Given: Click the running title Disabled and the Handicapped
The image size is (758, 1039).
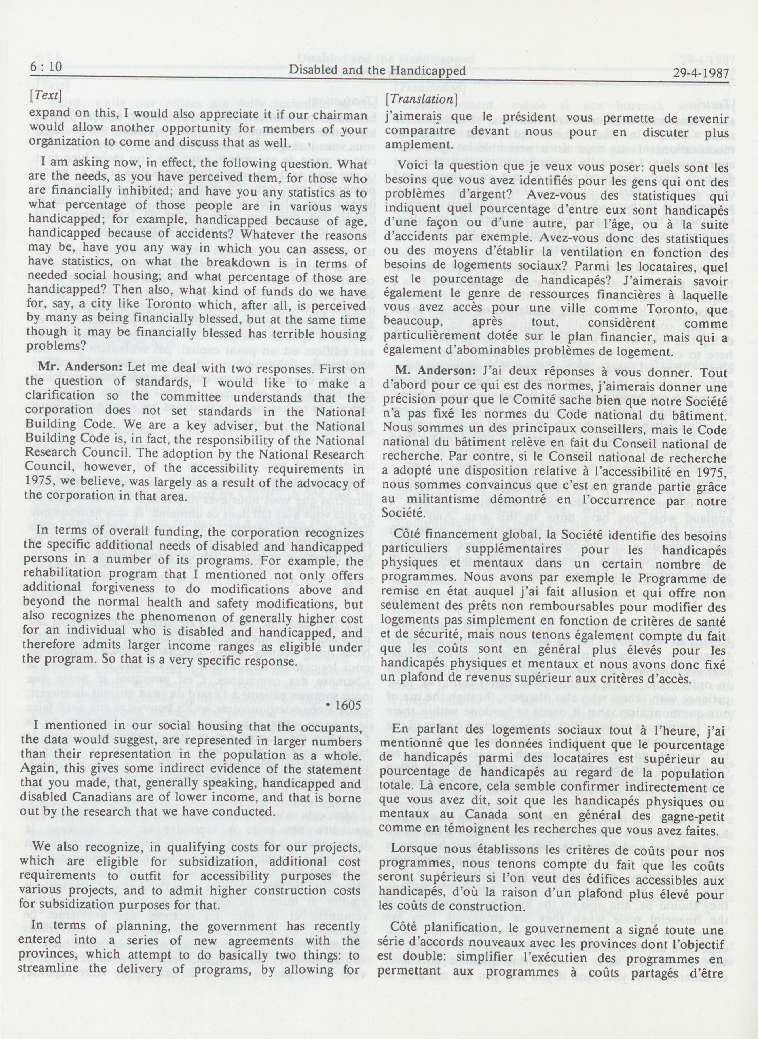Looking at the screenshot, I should [x=377, y=71].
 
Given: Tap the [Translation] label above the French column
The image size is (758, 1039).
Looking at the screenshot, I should [x=421, y=99].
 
